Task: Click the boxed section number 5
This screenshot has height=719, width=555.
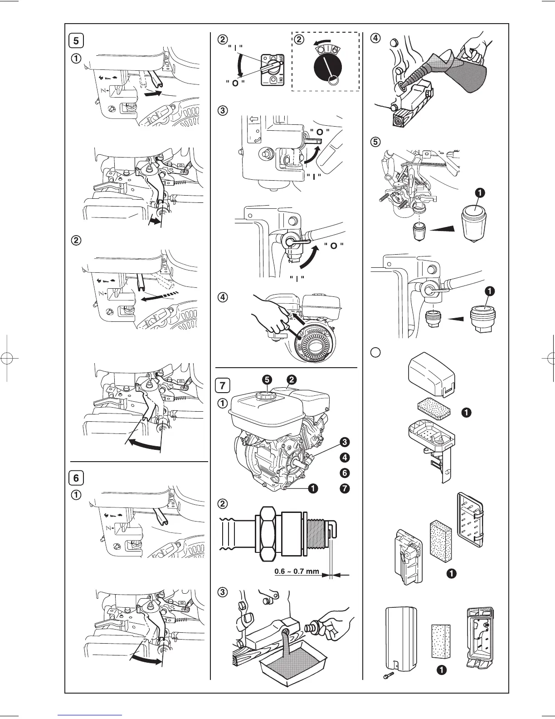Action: click(76, 40)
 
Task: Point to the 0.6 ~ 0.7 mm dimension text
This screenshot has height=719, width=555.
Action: click(297, 571)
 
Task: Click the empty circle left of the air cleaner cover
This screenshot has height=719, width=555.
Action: click(374, 351)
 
